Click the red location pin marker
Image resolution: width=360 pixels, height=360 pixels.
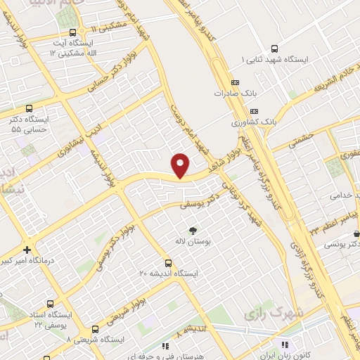click(x=181, y=165)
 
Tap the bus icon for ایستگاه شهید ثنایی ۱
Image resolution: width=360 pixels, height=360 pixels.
click(x=274, y=49)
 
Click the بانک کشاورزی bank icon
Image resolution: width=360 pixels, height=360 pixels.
click(x=254, y=111)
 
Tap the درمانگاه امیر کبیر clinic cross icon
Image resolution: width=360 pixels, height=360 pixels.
click(x=27, y=250)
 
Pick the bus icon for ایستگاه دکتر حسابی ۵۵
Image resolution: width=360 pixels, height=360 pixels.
click(x=29, y=109)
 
